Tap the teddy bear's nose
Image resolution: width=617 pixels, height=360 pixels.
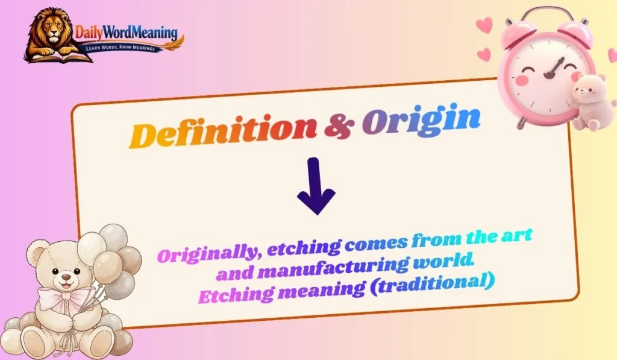(x=63, y=279)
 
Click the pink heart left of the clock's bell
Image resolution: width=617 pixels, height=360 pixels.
(x=483, y=26)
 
